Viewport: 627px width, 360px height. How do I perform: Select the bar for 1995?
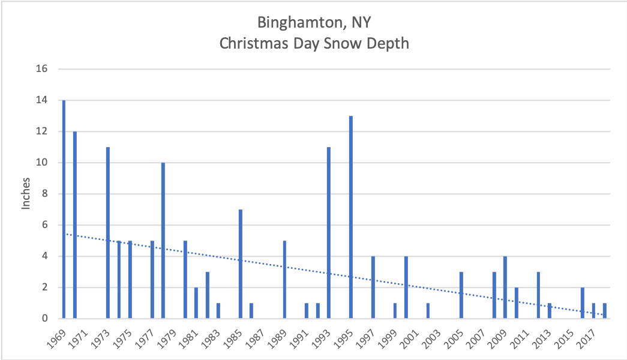tap(351, 217)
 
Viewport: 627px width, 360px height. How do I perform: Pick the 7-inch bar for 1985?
tap(240, 264)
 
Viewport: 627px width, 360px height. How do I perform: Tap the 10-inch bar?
tap(163, 240)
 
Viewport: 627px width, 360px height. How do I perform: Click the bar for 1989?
tap(284, 280)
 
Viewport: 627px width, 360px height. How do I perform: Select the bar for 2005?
tap(461, 295)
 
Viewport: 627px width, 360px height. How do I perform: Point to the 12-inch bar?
tap(74, 225)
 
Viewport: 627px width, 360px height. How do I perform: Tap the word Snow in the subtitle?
tap(343, 44)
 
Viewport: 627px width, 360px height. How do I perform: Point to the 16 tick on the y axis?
tap(41, 69)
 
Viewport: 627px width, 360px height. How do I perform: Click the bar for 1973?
tap(107, 233)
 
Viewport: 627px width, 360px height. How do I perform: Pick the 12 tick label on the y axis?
tap(41, 131)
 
